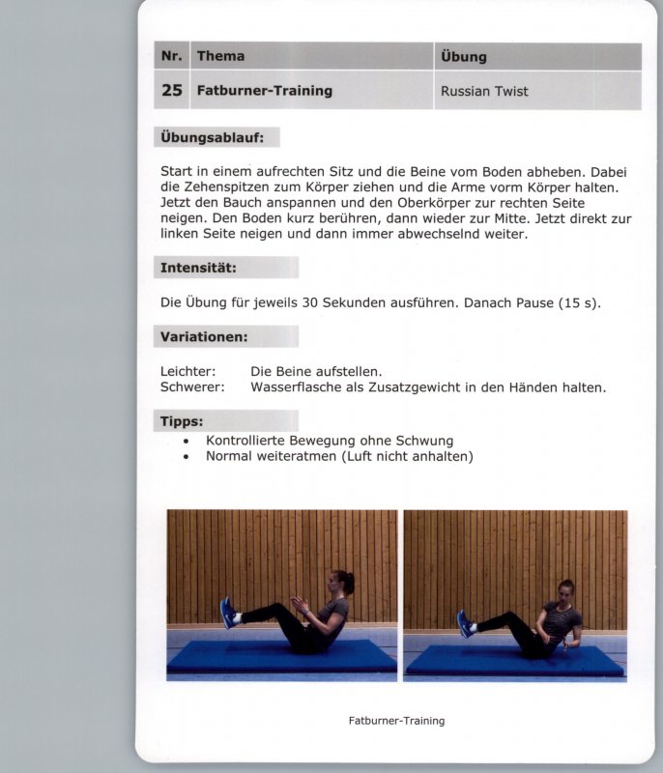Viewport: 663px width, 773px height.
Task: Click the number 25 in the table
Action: (x=172, y=91)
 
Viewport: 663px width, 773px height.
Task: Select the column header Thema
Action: (x=220, y=56)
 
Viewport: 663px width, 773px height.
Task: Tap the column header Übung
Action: (x=463, y=56)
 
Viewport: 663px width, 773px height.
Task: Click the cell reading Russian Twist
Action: (x=484, y=92)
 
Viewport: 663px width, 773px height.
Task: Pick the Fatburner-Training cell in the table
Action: (x=264, y=91)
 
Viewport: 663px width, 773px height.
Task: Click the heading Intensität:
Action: (x=199, y=267)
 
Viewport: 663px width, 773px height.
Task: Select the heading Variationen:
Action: (x=205, y=336)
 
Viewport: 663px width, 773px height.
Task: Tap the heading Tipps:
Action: (x=182, y=421)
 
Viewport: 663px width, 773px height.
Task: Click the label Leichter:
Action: (x=187, y=371)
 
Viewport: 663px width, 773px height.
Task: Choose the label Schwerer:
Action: (x=191, y=387)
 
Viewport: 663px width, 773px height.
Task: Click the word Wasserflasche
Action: (x=295, y=387)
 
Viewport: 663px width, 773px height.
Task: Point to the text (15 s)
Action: (x=579, y=302)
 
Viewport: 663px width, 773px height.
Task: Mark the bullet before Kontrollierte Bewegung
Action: (x=185, y=441)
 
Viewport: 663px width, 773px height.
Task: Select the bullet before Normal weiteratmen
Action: (x=185, y=457)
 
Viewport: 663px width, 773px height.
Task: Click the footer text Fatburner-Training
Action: (x=396, y=721)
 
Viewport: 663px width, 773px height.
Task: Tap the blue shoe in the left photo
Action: (x=228, y=613)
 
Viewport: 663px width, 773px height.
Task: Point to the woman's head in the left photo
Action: (x=343, y=583)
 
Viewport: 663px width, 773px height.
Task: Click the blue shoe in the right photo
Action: (x=464, y=622)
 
